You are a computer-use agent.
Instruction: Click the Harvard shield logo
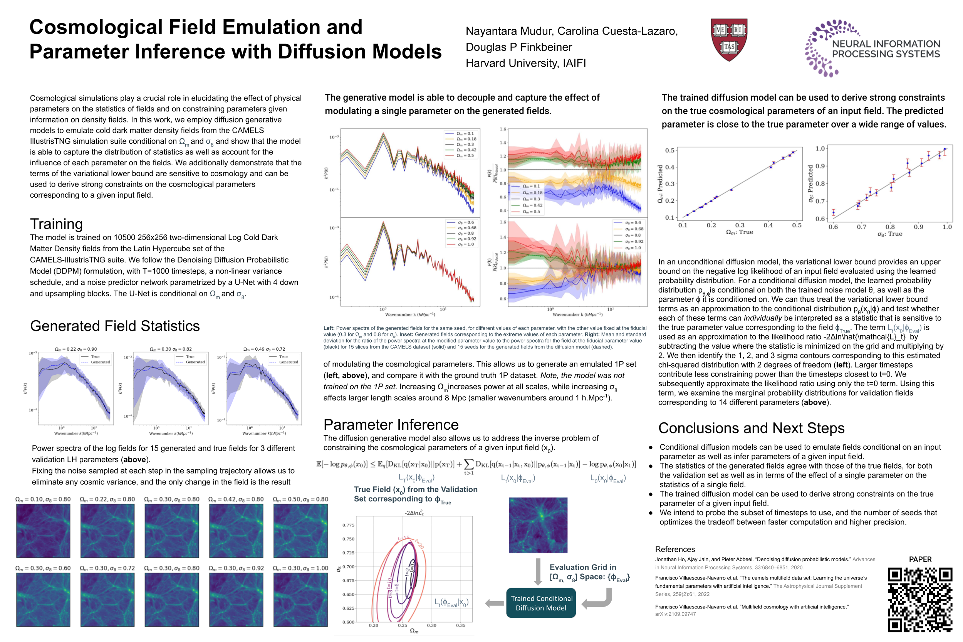click(728, 39)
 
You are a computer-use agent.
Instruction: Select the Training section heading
click(57, 224)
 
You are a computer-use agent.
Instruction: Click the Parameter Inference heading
click(391, 425)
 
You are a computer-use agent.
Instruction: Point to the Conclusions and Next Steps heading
click(751, 428)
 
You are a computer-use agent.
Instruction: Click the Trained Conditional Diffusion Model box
click(541, 603)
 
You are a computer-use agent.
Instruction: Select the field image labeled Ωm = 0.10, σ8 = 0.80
click(43, 531)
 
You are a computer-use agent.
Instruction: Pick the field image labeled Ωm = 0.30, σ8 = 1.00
click(300, 600)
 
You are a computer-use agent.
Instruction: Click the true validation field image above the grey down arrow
click(538, 525)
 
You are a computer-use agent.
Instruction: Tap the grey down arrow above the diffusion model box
click(538, 571)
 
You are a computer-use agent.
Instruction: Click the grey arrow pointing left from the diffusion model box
click(494, 603)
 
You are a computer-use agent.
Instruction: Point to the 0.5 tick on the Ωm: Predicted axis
click(669, 151)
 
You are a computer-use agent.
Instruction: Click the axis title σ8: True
click(889, 234)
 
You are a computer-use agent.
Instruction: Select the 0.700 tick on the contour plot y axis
click(348, 566)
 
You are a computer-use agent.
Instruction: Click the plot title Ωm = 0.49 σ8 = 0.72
click(264, 349)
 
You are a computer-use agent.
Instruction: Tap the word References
click(674, 550)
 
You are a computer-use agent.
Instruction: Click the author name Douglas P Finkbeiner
click(518, 47)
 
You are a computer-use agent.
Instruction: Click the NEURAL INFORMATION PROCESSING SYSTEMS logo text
click(886, 49)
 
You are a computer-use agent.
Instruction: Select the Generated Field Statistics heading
click(115, 326)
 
